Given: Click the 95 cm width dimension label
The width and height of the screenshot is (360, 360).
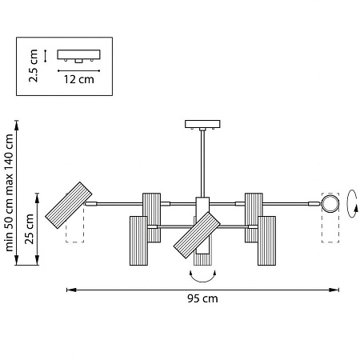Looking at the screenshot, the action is tap(202, 298).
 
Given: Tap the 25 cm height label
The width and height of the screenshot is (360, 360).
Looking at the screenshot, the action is tap(30, 229).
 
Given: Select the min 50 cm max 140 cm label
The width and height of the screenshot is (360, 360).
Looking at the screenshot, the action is tap(9, 193).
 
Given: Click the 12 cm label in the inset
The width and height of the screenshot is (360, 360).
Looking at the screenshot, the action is tap(79, 79).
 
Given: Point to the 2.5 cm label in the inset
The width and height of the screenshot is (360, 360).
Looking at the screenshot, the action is tap(34, 66).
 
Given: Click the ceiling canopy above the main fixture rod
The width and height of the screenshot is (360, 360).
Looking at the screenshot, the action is tap(202, 124).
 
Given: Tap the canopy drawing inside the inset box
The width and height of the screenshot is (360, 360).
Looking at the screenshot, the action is tap(79, 55).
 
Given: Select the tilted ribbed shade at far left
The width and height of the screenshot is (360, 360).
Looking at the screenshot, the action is tap(69, 206).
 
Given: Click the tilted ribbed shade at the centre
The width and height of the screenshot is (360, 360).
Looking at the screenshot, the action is tap(197, 235).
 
